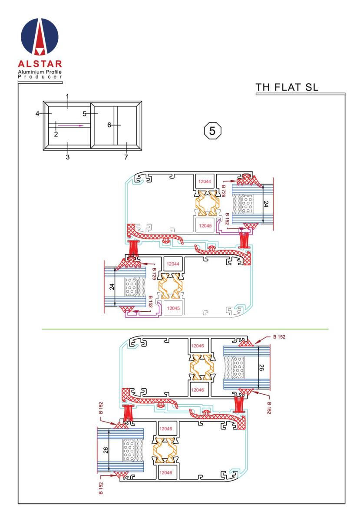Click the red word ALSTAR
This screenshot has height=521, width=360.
[40, 64]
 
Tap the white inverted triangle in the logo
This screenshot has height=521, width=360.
[40, 51]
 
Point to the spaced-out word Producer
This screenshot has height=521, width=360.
[40, 77]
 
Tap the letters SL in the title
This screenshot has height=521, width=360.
[312, 87]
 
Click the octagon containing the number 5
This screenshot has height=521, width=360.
[212, 131]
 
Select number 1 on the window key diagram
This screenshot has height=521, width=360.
[67, 96]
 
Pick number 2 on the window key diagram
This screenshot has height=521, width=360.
[56, 134]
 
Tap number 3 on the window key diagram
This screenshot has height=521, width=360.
[68, 157]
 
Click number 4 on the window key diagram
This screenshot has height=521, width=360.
[37, 114]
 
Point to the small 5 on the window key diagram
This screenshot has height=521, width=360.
[85, 114]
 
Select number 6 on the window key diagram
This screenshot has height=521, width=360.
[109, 125]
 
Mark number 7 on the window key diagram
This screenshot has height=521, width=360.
[126, 157]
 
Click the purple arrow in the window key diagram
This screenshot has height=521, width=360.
[70, 125]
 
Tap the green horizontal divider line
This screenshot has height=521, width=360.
[185, 329]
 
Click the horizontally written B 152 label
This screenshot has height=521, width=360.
[279, 337]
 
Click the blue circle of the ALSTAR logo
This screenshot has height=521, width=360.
[40, 37]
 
